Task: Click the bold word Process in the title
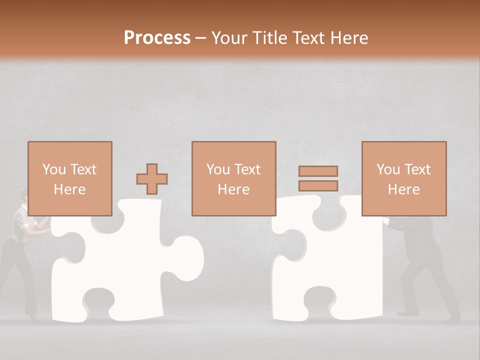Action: pyautogui.click(x=157, y=38)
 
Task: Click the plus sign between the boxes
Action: pyautogui.click(x=152, y=179)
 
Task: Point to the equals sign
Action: pyautogui.click(x=318, y=178)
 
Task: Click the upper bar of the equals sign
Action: pyautogui.click(x=318, y=171)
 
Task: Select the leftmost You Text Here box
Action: pyautogui.click(x=69, y=178)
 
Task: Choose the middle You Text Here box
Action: pyautogui.click(x=233, y=178)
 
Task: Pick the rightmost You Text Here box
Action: pyautogui.click(x=403, y=178)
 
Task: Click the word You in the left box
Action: pyautogui.click(x=53, y=169)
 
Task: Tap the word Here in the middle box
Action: pyautogui.click(x=233, y=189)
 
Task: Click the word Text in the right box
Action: pyautogui.click(x=416, y=169)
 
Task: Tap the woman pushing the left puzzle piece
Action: pyautogui.click(x=22, y=250)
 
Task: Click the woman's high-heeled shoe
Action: pyautogui.click(x=33, y=316)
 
